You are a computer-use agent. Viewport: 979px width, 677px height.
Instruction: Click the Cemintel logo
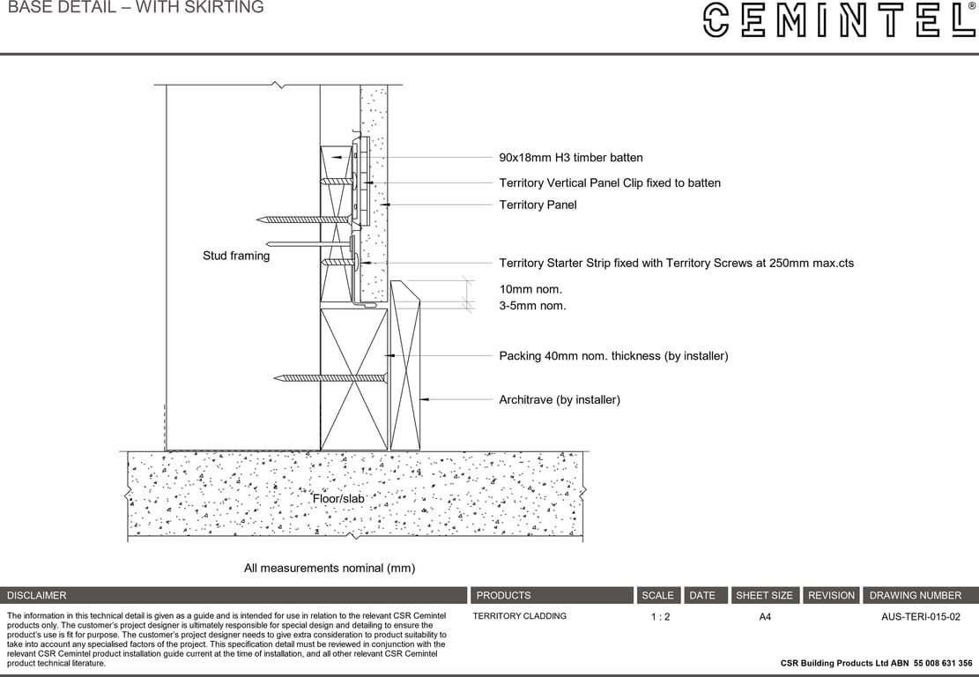point(840,20)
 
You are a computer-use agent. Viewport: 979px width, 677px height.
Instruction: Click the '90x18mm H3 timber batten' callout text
point(571,158)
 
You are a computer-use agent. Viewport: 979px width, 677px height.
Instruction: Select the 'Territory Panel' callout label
point(538,205)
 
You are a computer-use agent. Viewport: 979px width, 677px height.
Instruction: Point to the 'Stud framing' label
point(236,256)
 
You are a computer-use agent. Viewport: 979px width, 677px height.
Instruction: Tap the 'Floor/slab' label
point(338,498)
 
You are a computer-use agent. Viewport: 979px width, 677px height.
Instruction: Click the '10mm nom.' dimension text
point(530,289)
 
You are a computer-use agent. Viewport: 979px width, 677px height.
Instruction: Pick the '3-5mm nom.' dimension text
point(532,306)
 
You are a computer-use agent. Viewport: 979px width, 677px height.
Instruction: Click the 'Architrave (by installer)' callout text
point(560,399)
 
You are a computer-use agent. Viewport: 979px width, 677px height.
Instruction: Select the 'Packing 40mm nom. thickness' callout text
point(614,356)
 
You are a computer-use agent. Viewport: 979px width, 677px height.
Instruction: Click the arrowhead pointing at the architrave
point(423,399)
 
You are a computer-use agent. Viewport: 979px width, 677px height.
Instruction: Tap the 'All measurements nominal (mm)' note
point(330,569)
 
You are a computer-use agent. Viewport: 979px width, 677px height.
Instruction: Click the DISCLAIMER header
point(36,596)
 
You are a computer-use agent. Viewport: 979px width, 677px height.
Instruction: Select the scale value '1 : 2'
point(660,617)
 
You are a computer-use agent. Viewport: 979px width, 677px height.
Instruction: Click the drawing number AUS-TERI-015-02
point(920,617)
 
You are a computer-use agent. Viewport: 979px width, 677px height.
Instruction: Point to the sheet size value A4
point(765,617)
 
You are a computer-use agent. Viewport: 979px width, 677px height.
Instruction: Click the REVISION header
point(831,596)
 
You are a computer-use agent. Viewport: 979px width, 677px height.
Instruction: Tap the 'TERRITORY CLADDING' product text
point(520,616)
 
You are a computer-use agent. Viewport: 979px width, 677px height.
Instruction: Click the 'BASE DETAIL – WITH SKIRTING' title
point(136,8)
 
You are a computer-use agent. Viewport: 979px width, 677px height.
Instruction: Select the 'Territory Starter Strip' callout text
point(676,264)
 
